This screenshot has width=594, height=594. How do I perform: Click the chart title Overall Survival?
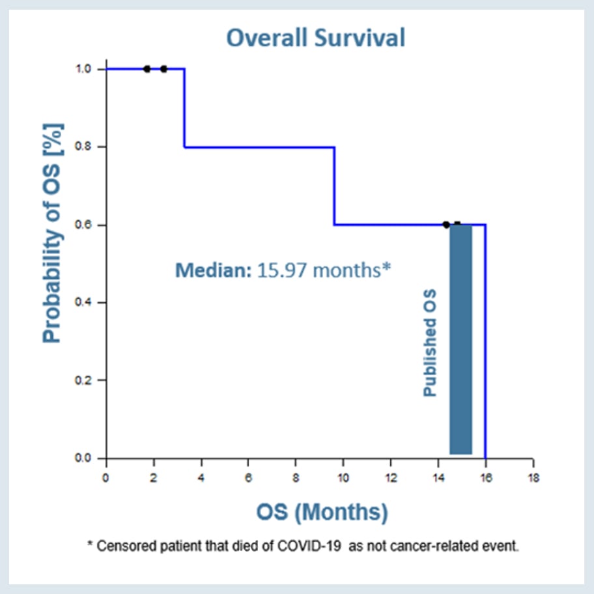315,38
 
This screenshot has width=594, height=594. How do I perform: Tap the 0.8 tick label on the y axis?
85,147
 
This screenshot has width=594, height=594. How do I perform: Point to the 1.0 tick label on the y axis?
85,69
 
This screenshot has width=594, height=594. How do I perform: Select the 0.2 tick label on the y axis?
85,380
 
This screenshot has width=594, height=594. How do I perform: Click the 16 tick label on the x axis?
485,477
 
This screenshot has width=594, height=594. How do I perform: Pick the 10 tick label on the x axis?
343,477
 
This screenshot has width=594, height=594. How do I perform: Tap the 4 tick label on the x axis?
201,477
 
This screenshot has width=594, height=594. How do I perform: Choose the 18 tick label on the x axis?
533,477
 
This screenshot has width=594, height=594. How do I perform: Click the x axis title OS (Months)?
321,512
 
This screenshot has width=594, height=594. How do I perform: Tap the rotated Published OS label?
431,343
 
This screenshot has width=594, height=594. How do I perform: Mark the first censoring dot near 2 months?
147,69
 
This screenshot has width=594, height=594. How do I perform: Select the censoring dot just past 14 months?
446,225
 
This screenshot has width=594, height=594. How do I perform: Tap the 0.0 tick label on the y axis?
85,459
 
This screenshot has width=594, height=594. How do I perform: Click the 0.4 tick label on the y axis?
85,303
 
